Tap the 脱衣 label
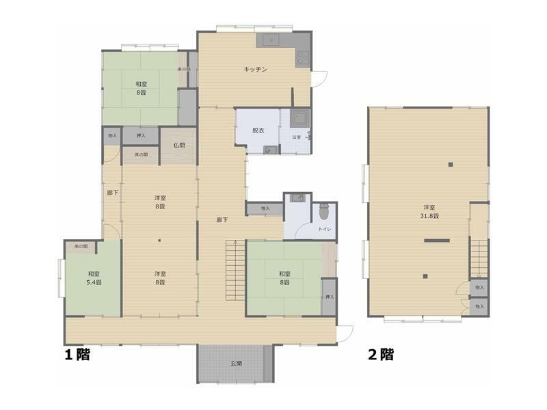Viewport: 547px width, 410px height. click(x=258, y=130)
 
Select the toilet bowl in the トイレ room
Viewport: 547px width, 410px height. click(x=324, y=213)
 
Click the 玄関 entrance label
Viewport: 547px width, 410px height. click(x=235, y=364)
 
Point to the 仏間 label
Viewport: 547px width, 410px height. click(x=179, y=145)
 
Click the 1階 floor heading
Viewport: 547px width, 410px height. click(x=77, y=355)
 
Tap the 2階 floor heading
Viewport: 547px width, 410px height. click(x=381, y=355)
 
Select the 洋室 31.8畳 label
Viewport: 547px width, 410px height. click(x=430, y=211)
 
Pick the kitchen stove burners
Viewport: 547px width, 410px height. click(x=302, y=59)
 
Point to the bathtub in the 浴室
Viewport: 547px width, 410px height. click(x=299, y=120)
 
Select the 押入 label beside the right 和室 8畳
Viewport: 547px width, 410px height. click(x=330, y=297)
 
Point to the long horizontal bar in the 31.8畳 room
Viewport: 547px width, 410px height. click(x=436, y=240)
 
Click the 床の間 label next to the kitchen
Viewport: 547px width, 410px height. click(x=183, y=69)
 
